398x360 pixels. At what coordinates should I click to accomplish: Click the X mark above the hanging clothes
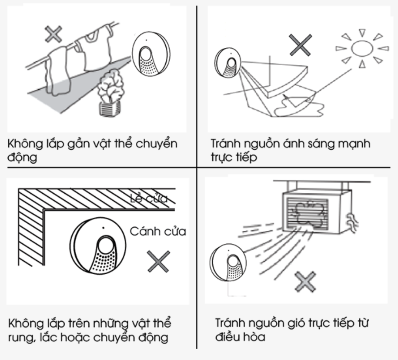point(54,34)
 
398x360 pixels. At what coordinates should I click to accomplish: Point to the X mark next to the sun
point(300,45)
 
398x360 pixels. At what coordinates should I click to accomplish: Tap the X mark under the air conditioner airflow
point(305,281)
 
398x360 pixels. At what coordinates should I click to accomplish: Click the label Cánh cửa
point(158,231)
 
